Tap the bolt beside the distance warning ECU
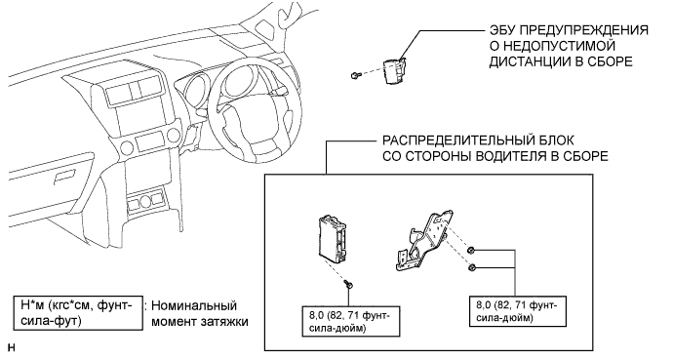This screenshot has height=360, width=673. tap(354, 76)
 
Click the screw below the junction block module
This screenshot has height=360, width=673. tap(348, 284)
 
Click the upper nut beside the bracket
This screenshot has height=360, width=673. tap(471, 250)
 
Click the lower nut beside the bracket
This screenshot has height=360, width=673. tap(471, 267)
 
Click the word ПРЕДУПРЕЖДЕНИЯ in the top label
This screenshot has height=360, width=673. tap(581, 30)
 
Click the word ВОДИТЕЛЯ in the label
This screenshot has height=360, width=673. tap(508, 156)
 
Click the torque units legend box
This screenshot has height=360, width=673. tap(78, 313)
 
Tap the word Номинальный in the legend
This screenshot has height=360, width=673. tap(194, 306)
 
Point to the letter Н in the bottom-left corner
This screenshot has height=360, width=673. tap(11, 348)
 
